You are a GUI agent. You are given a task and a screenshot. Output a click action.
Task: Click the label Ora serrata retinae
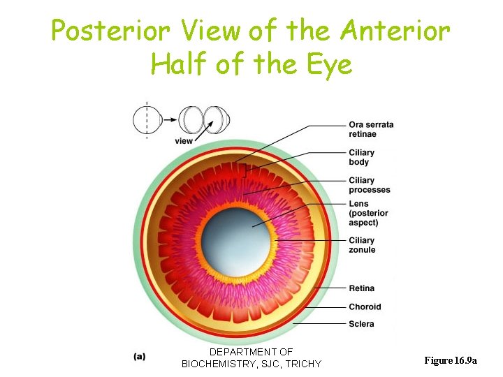(x=371, y=129)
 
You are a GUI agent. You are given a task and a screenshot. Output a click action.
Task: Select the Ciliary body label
(x=362, y=157)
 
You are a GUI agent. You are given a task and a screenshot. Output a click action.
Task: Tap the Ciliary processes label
(x=370, y=185)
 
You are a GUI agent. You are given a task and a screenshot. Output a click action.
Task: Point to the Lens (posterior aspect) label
(x=368, y=213)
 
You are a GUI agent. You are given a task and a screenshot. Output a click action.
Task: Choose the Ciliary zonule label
(x=362, y=245)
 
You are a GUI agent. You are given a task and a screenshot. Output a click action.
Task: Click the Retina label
(x=361, y=288)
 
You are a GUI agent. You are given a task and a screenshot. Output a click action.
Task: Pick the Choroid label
(x=365, y=306)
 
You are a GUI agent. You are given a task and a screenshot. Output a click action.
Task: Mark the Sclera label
(x=361, y=324)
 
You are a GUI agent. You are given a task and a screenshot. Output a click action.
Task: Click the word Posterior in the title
(x=110, y=31)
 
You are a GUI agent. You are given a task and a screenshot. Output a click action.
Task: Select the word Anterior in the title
(x=395, y=31)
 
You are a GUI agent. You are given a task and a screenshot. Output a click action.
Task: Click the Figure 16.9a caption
(x=451, y=360)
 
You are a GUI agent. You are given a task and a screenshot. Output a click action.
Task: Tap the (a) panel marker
(x=140, y=356)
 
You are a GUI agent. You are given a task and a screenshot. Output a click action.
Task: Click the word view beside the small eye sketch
(x=184, y=141)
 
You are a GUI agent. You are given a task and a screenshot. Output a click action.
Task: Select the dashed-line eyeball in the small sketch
(x=147, y=120)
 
